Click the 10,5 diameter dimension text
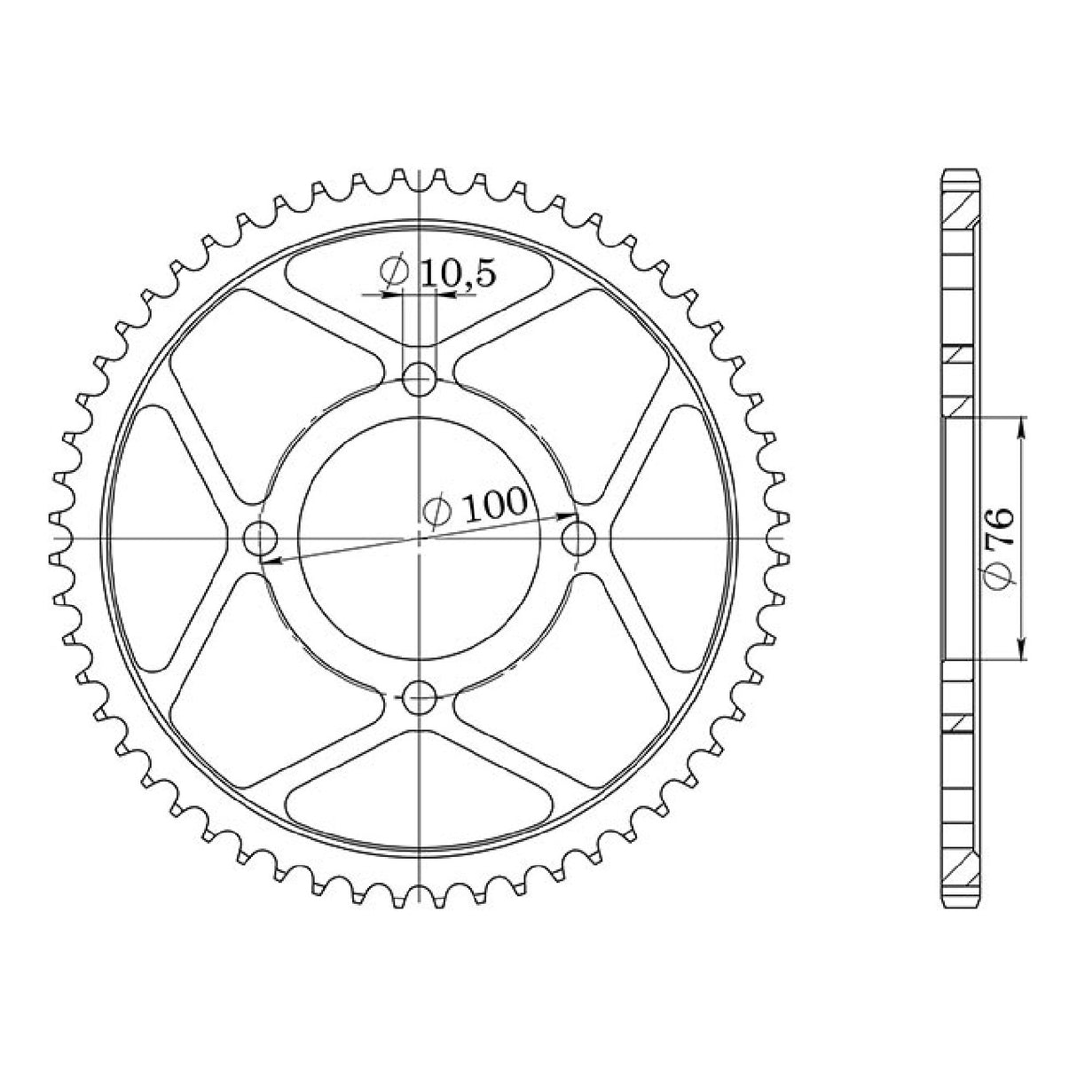[437, 272]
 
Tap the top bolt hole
[419, 379]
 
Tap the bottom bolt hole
[419, 697]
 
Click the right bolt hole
[578, 538]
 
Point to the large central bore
[419, 538]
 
